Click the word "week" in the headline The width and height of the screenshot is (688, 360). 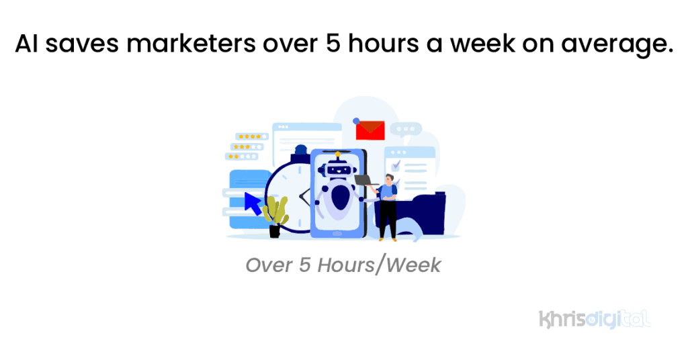point(478,45)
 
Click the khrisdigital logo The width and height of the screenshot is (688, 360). point(595,318)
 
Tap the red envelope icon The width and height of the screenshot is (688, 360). point(370,130)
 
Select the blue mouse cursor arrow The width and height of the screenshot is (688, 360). point(253,203)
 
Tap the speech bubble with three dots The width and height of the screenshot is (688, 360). point(406,129)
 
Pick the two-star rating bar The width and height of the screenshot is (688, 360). point(242,156)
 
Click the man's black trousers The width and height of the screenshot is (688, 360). point(388,218)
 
